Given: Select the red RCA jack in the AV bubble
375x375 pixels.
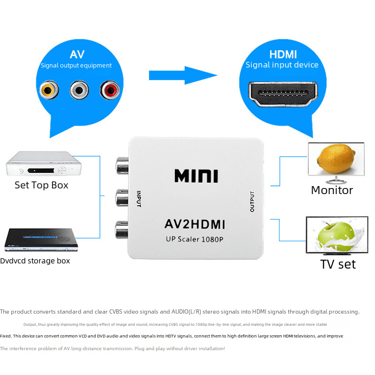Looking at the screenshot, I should [x=109, y=89].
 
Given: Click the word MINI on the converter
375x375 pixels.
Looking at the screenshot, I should [x=196, y=175].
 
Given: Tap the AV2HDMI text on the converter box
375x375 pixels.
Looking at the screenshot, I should [x=195, y=225].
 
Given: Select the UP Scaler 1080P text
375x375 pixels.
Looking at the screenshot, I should [x=195, y=239].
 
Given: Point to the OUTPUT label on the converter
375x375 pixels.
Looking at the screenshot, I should [x=252, y=202].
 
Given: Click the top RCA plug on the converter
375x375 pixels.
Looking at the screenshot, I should [x=121, y=166].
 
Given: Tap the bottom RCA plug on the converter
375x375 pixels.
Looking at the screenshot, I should [x=121, y=230].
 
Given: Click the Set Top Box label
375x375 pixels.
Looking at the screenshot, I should [x=41, y=185].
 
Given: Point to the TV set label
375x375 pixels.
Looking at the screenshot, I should [x=338, y=264].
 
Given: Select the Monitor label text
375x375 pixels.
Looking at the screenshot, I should [x=332, y=190].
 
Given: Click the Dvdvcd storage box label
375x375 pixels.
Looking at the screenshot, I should [x=35, y=261].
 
